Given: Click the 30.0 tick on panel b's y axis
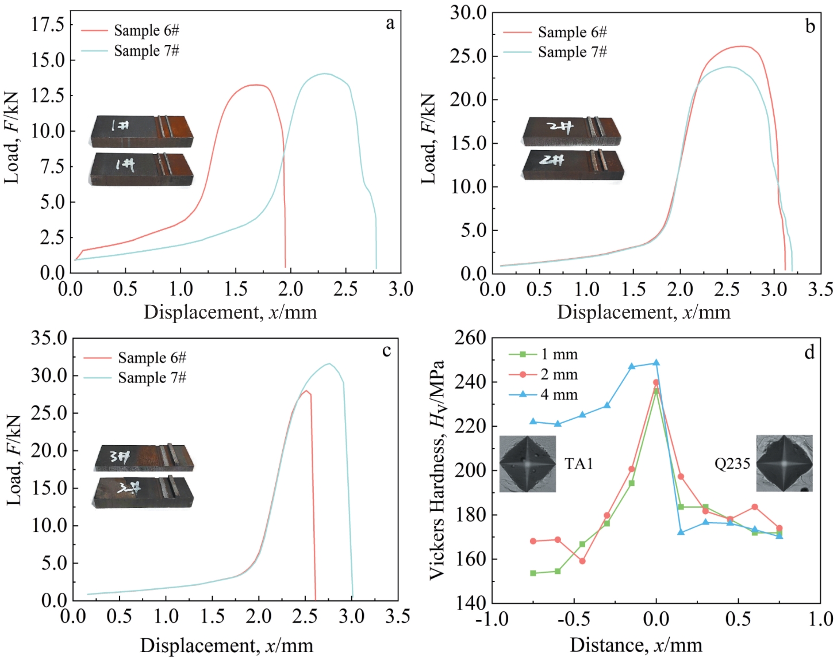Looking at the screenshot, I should point(469,13).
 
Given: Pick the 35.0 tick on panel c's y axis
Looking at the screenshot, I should point(49,338).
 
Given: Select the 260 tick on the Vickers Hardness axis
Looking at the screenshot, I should point(470,338).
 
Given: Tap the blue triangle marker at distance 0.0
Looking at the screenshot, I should point(656,363).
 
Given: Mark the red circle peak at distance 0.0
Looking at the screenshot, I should point(656,382).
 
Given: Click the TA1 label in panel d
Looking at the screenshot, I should point(579,463).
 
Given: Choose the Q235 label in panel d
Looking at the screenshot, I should point(732,463).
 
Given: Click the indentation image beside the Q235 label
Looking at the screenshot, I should point(784,463).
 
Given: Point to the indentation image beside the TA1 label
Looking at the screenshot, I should point(528,464).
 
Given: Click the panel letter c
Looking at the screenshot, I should point(386,350).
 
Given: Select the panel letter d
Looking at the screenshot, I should point(809,352).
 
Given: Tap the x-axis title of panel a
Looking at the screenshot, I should point(230,312).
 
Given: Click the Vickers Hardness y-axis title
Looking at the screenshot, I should point(437,470).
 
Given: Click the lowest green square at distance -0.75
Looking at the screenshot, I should point(533,573).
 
